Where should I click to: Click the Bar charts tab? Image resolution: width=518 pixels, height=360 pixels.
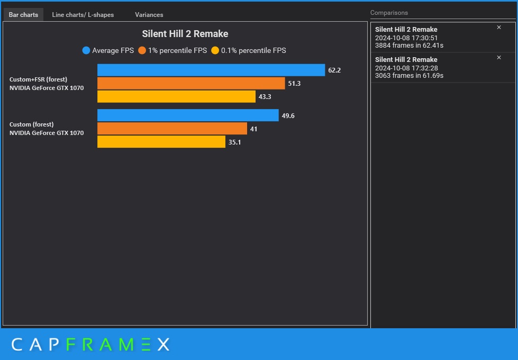23,15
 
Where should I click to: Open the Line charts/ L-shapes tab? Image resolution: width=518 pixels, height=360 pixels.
83,15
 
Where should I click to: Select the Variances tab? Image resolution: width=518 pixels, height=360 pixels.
149,15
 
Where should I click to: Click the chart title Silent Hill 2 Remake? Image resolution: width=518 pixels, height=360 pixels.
185,34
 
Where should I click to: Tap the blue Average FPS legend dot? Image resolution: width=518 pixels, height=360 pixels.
86,51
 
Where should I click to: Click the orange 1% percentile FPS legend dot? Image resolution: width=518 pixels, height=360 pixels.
142,51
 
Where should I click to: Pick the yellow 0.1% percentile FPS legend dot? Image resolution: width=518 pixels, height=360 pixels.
215,51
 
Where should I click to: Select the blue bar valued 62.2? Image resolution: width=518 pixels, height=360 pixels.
211,70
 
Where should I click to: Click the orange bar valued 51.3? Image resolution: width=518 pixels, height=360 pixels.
190,84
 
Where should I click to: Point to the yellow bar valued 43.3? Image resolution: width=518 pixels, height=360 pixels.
176,97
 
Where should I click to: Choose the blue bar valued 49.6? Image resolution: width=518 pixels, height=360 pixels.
188,115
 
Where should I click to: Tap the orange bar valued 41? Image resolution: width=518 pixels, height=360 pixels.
172,129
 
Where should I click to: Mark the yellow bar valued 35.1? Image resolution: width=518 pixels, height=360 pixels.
161,142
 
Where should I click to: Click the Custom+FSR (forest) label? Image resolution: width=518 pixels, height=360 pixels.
38,79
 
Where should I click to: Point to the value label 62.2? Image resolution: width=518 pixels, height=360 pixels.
334,70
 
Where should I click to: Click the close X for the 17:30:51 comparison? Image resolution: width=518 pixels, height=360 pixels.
498,28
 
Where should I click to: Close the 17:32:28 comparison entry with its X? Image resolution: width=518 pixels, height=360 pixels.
498,58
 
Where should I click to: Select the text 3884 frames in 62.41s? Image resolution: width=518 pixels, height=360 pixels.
409,46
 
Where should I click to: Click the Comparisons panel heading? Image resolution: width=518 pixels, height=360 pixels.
389,13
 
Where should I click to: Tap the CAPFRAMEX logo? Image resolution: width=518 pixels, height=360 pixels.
90,345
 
